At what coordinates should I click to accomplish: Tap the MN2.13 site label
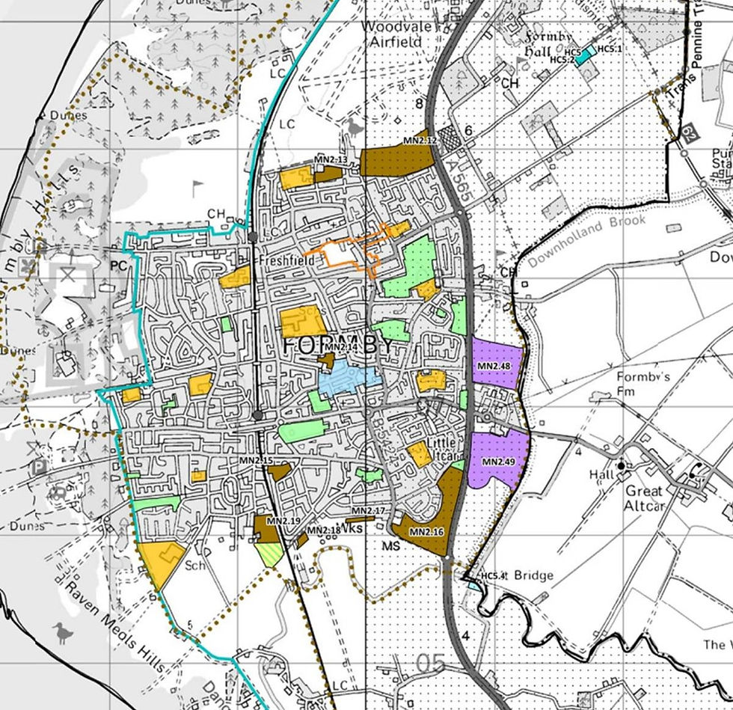(331, 160)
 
